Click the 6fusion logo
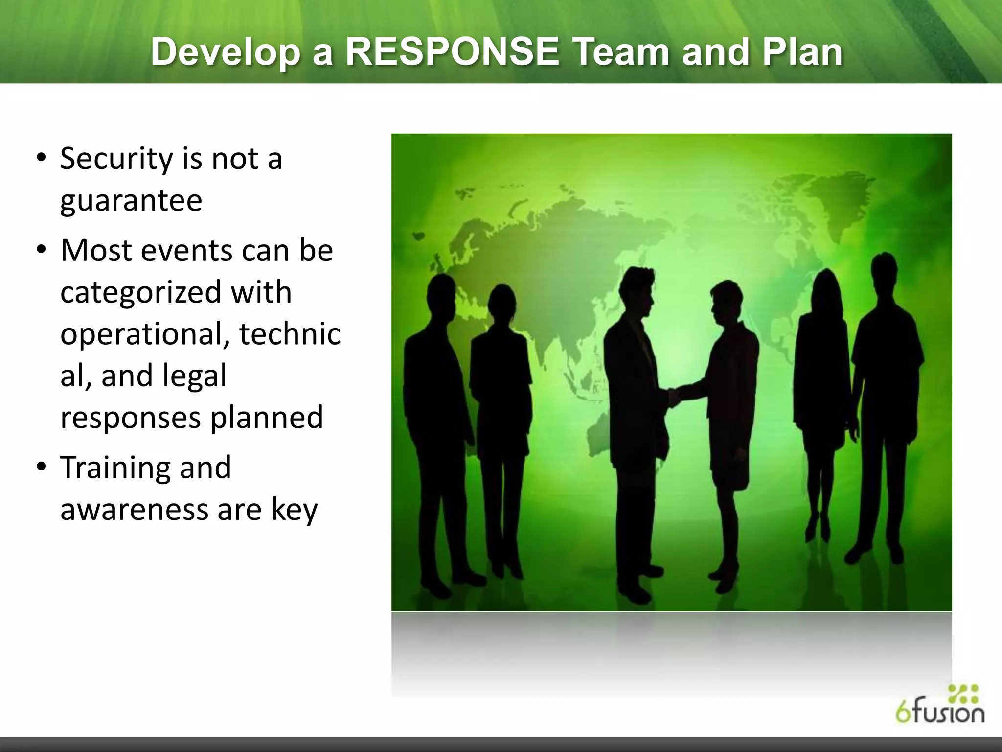tap(939, 705)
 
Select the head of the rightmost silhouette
tap(884, 274)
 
